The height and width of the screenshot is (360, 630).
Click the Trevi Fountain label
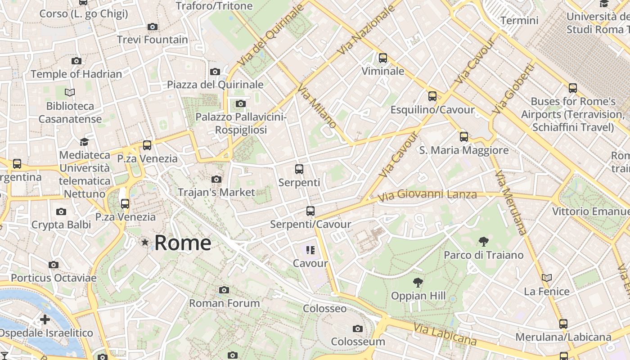[x=152, y=40]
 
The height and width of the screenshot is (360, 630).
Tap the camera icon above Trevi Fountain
[x=153, y=27]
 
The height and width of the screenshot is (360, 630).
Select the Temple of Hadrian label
[x=76, y=74]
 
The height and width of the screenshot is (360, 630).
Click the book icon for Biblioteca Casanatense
[x=70, y=93]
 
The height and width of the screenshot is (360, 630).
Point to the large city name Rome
[x=183, y=243]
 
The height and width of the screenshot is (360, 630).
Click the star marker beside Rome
[x=145, y=243]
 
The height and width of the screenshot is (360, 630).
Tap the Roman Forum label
[x=224, y=303]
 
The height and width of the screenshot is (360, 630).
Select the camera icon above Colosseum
[x=358, y=329]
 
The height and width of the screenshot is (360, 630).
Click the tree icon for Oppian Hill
[x=418, y=283]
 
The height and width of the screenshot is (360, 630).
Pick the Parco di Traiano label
[x=484, y=255]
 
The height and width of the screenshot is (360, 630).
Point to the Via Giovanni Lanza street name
[x=427, y=195]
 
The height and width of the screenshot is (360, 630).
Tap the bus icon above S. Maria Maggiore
[x=464, y=137]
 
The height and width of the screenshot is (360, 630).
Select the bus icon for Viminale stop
[x=383, y=58]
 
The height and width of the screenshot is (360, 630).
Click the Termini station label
[x=519, y=20]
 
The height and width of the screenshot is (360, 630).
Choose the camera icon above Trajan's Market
[x=216, y=180]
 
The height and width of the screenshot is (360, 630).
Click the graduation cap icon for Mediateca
[x=84, y=142]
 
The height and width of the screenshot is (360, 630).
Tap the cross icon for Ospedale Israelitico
[x=45, y=319]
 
